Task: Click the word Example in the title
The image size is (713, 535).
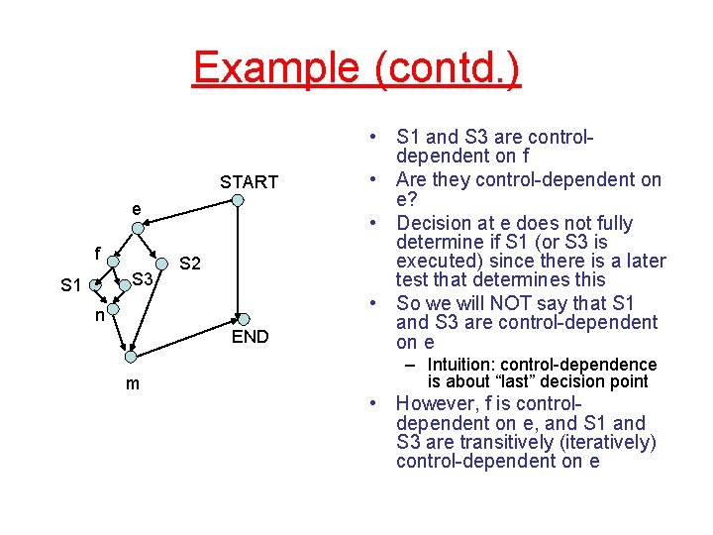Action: (x=276, y=67)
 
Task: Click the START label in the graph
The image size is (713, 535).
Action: (x=249, y=181)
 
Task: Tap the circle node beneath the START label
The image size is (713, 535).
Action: (x=238, y=201)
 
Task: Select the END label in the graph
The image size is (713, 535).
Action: (x=250, y=337)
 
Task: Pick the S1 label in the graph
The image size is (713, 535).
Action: (x=70, y=285)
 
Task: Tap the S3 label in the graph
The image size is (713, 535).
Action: (x=143, y=280)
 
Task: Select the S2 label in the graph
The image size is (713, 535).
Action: (x=190, y=264)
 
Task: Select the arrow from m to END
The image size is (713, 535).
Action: (x=184, y=337)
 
